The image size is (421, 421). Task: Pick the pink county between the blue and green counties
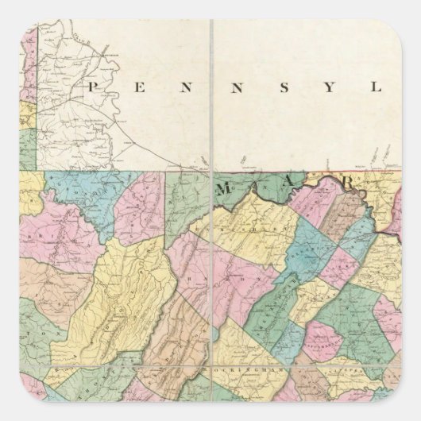coord(139,207)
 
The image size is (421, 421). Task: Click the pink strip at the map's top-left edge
coord(29,64)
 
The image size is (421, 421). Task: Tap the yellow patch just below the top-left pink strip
coord(28,111)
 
